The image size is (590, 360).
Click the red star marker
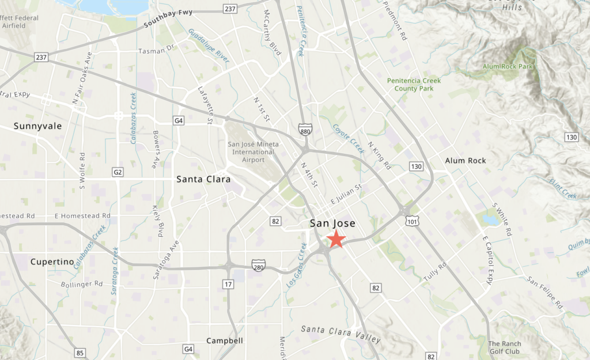[335, 239]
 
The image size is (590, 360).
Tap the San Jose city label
[332, 223]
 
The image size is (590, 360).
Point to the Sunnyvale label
[37, 126]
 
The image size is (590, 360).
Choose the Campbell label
[225, 340]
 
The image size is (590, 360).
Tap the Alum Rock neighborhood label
[466, 161]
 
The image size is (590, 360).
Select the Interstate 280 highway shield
[259, 264]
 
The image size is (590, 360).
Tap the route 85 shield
[80, 353]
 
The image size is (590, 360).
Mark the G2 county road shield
[118, 172]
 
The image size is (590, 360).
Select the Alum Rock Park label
[508, 67]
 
